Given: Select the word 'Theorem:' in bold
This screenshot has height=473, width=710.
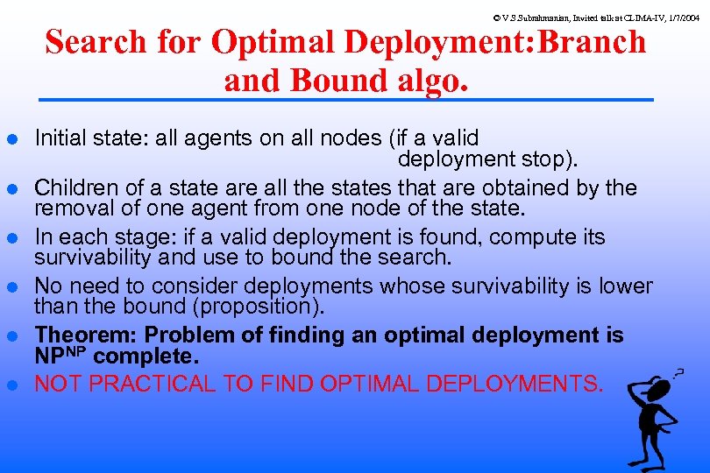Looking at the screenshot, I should pyautogui.click(x=87, y=335).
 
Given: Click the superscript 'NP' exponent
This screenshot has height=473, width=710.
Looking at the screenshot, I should pyautogui.click(x=76, y=352).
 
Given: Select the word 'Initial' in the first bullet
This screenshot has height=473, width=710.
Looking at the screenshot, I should pyautogui.click(x=60, y=138).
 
